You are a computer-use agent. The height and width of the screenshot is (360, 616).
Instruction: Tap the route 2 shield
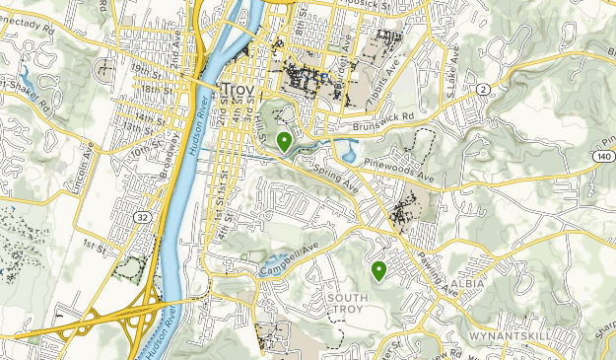pos(483,90)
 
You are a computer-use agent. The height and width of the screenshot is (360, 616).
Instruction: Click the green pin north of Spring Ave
pos(284,141)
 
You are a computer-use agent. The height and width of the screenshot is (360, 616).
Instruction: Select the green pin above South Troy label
pos(377,269)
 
